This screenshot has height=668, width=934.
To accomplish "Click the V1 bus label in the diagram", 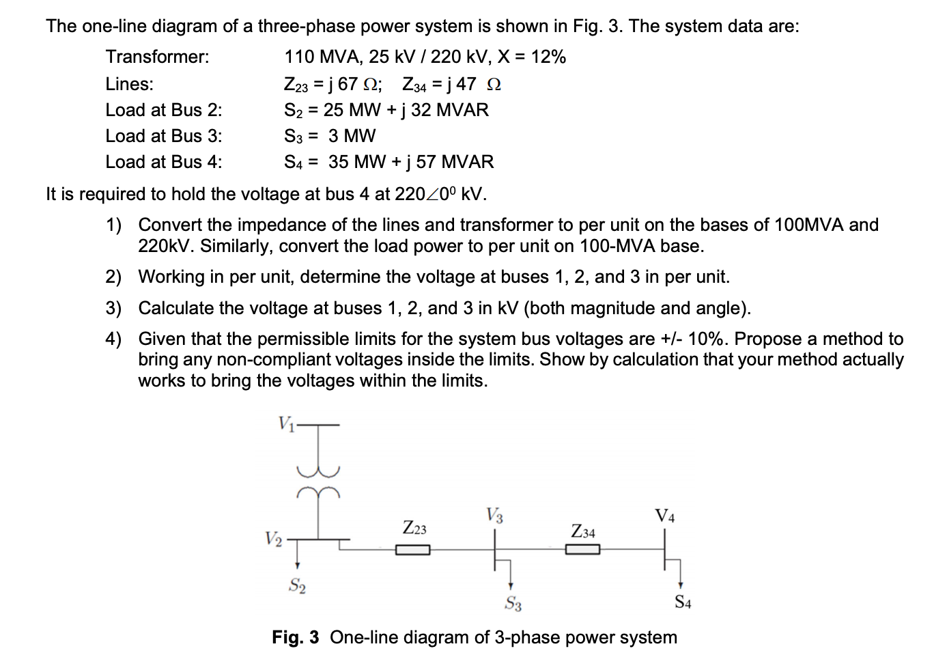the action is pyautogui.click(x=285, y=423).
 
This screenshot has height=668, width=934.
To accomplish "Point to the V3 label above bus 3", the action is pyautogui.click(x=495, y=515).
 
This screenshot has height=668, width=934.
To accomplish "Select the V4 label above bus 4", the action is pyautogui.click(x=665, y=515).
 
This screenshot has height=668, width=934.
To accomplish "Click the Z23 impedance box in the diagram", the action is pyautogui.click(x=412, y=550).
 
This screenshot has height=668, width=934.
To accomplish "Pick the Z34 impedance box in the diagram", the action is pyautogui.click(x=582, y=550).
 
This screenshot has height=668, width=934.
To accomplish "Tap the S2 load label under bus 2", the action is pyautogui.click(x=297, y=585).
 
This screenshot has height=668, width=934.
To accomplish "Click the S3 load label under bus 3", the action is pyautogui.click(x=513, y=603).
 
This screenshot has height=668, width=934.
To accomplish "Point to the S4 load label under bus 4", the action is pyautogui.click(x=683, y=602).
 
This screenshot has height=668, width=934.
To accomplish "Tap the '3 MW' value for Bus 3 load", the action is pyautogui.click(x=352, y=136).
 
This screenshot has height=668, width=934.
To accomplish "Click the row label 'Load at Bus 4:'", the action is pyautogui.click(x=163, y=162).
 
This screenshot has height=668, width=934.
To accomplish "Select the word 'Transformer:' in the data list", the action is pyautogui.click(x=157, y=57).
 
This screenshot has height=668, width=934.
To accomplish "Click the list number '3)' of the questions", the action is pyautogui.click(x=113, y=308).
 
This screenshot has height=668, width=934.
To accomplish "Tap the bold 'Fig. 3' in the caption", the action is pyautogui.click(x=295, y=637).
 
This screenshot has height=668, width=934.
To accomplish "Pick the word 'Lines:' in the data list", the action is pyautogui.click(x=129, y=84).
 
